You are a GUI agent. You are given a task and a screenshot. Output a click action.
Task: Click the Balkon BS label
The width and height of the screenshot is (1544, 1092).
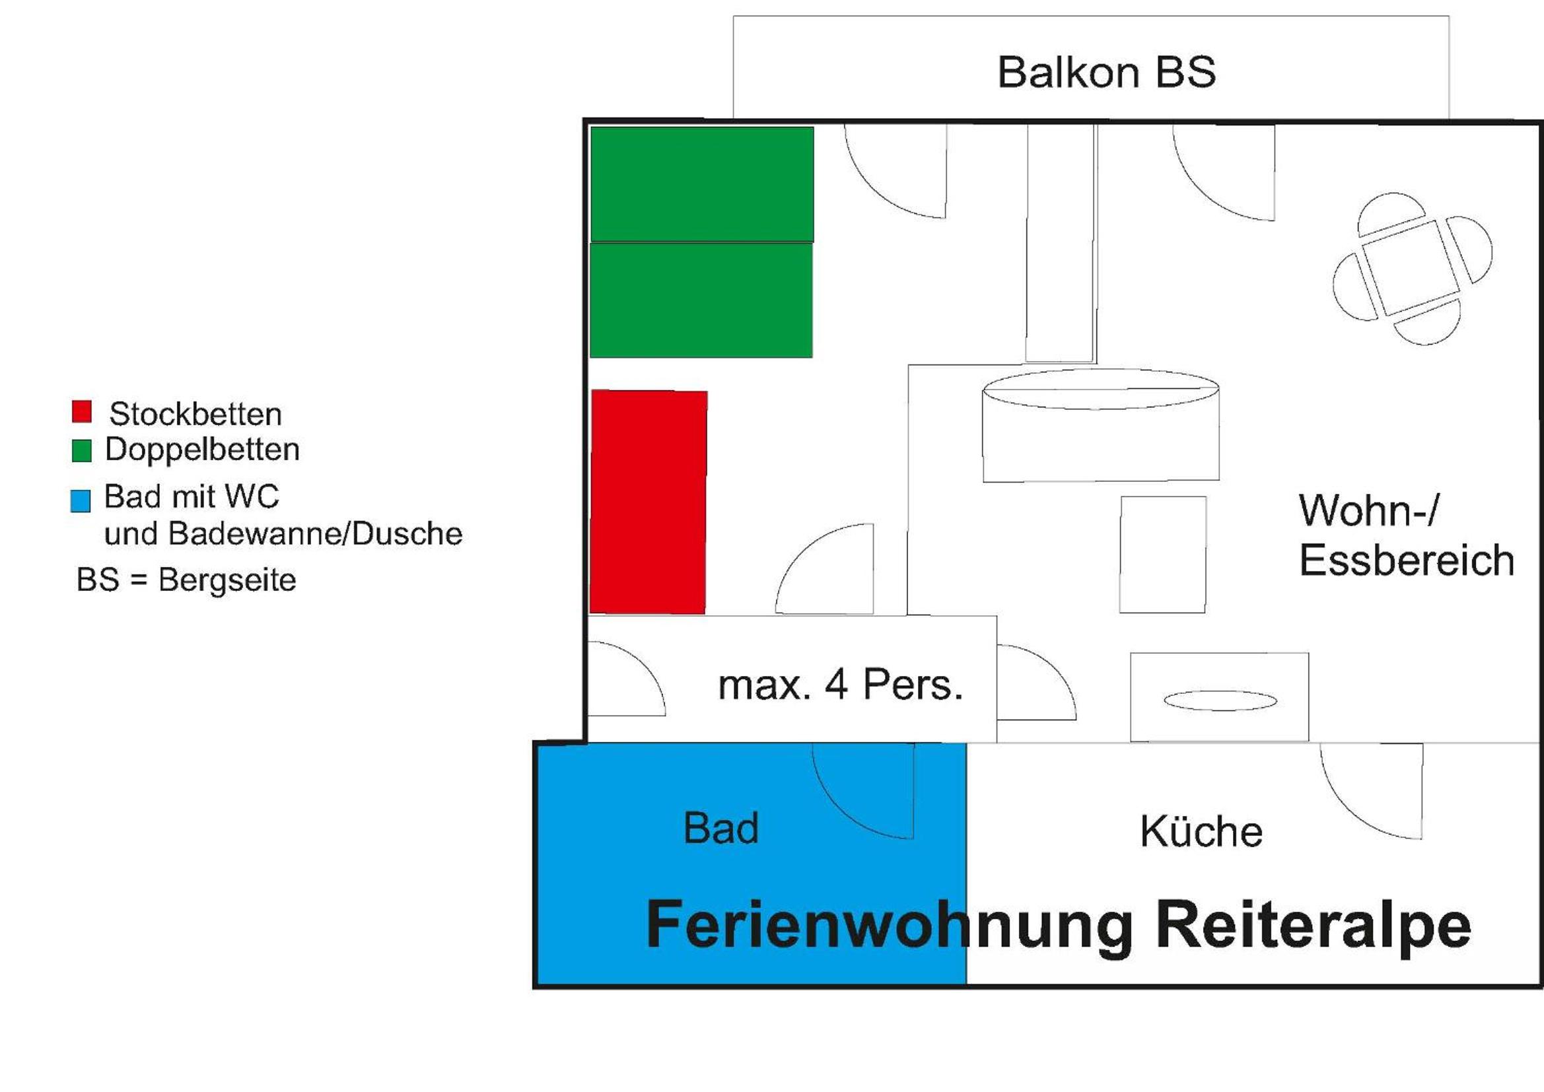(x=1106, y=72)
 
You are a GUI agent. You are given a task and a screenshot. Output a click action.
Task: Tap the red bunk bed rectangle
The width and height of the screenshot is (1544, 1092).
(x=649, y=502)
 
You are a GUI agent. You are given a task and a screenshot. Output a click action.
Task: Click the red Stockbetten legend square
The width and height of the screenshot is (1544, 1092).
(x=82, y=411)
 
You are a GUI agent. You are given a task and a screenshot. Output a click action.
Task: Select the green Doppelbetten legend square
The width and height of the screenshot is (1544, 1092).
(x=82, y=450)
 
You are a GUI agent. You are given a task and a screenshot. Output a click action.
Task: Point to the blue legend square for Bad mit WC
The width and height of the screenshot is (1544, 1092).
(x=81, y=501)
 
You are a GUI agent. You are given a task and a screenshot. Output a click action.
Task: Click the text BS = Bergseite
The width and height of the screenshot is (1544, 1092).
(x=186, y=580)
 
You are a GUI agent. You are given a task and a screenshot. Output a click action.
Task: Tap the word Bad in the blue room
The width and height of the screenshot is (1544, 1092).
(x=721, y=828)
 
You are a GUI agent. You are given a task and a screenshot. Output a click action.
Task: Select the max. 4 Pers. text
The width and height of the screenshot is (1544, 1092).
(x=841, y=685)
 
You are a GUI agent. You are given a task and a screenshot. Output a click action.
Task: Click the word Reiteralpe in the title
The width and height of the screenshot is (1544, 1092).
(x=1314, y=926)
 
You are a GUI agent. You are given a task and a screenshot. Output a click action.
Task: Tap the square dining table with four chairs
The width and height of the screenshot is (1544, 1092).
(x=1412, y=267)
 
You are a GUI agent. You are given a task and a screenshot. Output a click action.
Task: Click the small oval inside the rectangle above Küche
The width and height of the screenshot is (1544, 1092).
(x=1220, y=700)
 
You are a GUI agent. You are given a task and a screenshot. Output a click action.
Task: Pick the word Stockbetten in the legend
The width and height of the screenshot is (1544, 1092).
(x=195, y=413)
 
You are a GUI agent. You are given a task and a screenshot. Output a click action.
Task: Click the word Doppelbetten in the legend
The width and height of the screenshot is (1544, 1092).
(x=201, y=449)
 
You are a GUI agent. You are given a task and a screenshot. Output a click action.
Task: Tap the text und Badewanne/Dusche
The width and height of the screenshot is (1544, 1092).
(x=283, y=534)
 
